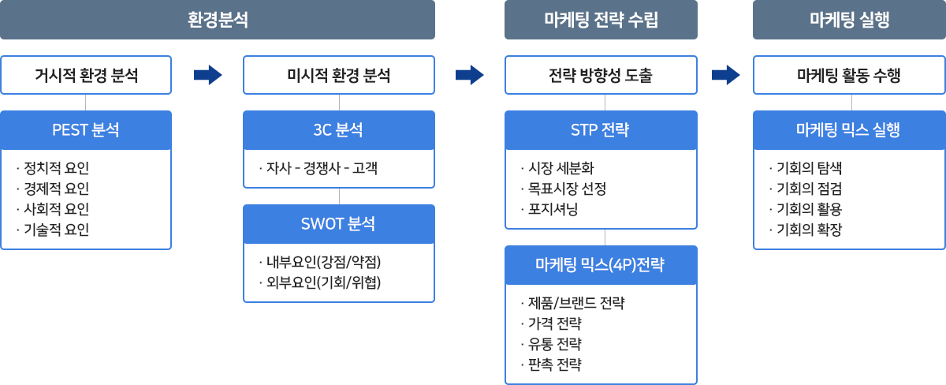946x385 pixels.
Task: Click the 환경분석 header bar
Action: [x=218, y=20]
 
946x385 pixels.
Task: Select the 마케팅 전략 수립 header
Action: [x=601, y=20]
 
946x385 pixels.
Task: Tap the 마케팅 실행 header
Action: [x=849, y=20]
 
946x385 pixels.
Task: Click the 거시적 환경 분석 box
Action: [x=86, y=75]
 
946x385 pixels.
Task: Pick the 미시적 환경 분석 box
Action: [x=339, y=75]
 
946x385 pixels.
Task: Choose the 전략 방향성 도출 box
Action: [x=601, y=75]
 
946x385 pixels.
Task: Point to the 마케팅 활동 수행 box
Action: [x=849, y=75]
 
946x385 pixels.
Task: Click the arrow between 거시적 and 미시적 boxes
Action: [x=208, y=75]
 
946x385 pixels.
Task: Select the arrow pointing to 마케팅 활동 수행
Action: [x=725, y=75]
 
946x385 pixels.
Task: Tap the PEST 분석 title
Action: [x=86, y=129]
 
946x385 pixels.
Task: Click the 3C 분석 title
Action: [x=338, y=129]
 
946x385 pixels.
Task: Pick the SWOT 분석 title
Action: [x=338, y=223]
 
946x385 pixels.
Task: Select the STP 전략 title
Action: [x=600, y=129]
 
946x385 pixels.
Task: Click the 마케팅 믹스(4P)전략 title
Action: [x=600, y=264]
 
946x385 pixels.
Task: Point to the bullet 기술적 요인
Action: [x=53, y=230]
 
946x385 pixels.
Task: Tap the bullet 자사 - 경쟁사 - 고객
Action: [x=318, y=168]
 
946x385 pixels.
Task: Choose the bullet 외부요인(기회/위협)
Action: [x=320, y=282]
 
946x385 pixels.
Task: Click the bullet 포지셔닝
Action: [x=549, y=209]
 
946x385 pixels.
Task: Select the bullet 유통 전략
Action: [x=551, y=344]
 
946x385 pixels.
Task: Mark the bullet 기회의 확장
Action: [x=806, y=230]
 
